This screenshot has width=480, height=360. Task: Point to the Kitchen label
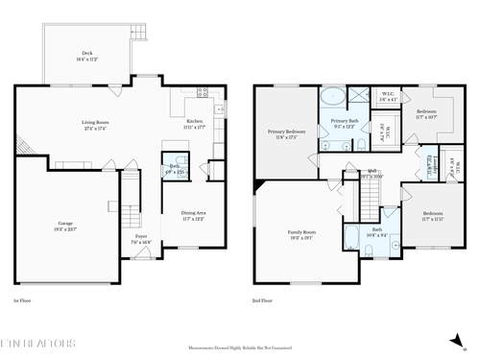(194, 123)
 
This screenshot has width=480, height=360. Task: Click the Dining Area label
(194, 217)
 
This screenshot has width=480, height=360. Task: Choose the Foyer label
(140, 239)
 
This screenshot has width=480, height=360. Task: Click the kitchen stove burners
(202, 93)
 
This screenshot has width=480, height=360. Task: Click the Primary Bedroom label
(286, 133)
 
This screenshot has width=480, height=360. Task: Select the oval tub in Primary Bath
(331, 96)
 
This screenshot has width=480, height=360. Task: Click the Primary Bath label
(345, 123)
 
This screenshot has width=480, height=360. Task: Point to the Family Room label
(301, 234)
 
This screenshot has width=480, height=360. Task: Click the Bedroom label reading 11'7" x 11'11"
(433, 215)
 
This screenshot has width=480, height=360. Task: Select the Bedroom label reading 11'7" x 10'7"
(426, 113)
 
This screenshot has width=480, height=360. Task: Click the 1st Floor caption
(23, 300)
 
